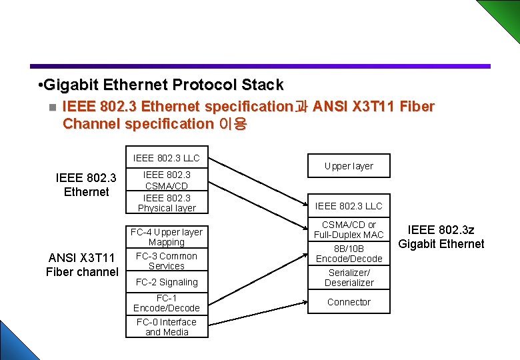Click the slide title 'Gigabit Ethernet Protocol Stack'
(x=162, y=85)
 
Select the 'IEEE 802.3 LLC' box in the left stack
(x=167, y=158)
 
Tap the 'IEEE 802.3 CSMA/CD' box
(x=167, y=181)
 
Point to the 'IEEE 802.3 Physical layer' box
(x=167, y=203)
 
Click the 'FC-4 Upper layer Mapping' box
(x=167, y=237)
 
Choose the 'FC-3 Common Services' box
(x=167, y=261)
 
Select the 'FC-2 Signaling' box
(x=167, y=282)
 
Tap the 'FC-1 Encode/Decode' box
(x=167, y=303)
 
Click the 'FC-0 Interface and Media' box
(x=167, y=327)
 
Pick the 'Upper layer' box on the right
(x=349, y=166)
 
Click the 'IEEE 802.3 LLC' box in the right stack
(x=349, y=206)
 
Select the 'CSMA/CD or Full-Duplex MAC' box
(x=349, y=230)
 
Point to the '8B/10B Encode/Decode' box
(x=349, y=254)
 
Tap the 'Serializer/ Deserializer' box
(x=349, y=278)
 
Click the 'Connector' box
(x=349, y=302)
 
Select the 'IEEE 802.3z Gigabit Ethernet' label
(x=441, y=237)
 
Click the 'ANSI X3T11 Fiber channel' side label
(x=82, y=265)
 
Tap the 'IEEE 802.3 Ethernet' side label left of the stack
(x=86, y=185)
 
